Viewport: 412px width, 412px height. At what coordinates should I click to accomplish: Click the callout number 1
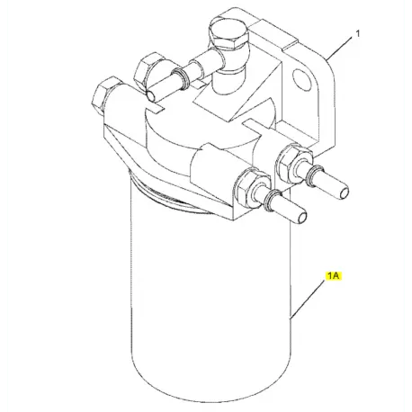[357, 34]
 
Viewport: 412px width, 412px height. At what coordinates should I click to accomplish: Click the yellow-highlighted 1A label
[333, 275]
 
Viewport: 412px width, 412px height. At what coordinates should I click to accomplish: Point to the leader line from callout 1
[339, 49]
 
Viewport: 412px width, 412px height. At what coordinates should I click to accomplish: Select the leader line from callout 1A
[308, 300]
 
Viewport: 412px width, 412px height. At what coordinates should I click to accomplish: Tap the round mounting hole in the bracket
[299, 76]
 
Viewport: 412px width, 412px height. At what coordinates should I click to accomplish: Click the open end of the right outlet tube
[344, 191]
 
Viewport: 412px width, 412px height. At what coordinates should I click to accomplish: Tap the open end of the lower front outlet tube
[301, 217]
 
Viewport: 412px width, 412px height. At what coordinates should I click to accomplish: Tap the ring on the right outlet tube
[312, 175]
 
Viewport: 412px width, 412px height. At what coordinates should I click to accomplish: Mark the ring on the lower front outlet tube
[272, 199]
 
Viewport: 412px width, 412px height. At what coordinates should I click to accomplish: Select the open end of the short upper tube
[151, 95]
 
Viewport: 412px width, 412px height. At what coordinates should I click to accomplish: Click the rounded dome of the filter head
[207, 126]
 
